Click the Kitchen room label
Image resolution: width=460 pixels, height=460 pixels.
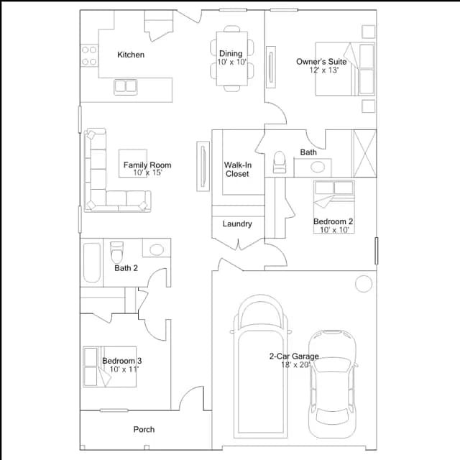click(131, 55)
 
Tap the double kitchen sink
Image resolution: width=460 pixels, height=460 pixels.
click(126, 87)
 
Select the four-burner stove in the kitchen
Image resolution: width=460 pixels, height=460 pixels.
click(89, 56)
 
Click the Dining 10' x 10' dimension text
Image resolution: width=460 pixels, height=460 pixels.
click(231, 63)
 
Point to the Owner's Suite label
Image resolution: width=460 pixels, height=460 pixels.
click(321, 62)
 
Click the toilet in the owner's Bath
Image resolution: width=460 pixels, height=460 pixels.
click(280, 162)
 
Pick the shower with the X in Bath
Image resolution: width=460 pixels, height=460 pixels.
click(364, 153)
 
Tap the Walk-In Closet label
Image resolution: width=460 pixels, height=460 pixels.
click(238, 170)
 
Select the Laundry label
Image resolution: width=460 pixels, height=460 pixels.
click(237, 224)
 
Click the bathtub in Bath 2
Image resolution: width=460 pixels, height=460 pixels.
click(92, 262)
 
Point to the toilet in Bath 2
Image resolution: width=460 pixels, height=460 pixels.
click(116, 252)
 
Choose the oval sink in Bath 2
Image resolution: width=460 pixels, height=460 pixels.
click(157, 249)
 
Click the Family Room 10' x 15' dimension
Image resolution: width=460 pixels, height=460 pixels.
click(147, 172)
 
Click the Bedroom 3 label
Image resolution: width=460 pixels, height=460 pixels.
click(122, 361)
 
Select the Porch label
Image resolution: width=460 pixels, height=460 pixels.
click(144, 430)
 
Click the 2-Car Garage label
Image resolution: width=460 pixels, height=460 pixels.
click(294, 356)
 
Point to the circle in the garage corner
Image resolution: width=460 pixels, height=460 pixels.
click(364, 284)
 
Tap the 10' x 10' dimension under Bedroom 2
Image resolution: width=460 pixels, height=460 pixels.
click(334, 230)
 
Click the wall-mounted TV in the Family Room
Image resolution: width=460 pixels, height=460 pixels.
click(203, 166)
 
